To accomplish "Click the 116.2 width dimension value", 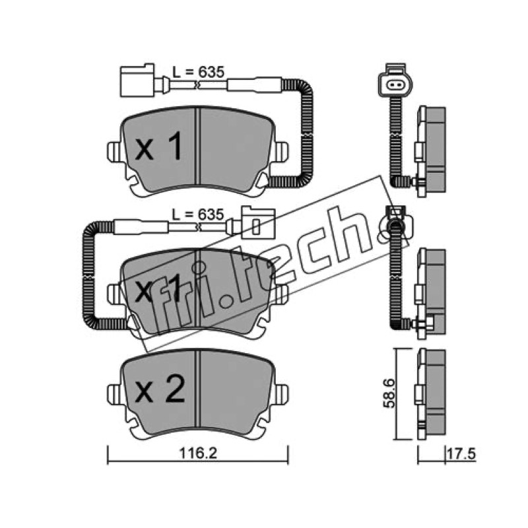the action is pyautogui.click(x=197, y=453).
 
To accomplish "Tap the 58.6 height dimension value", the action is pyautogui.click(x=389, y=393).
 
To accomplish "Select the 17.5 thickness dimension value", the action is pyautogui.click(x=461, y=454).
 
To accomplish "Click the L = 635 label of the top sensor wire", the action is pyautogui.click(x=198, y=72).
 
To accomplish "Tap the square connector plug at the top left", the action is pyautogui.click(x=137, y=80).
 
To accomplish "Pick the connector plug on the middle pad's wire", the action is pyautogui.click(x=259, y=222).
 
